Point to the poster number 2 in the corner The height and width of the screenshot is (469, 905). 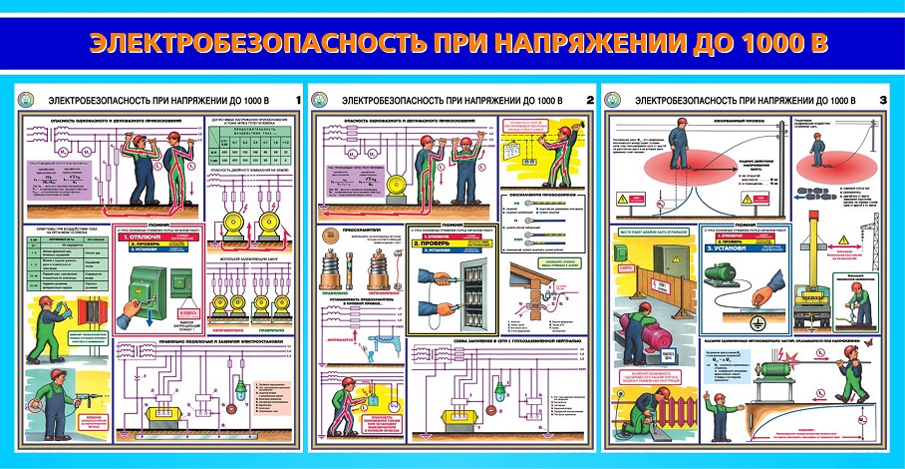pos(590,99)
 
